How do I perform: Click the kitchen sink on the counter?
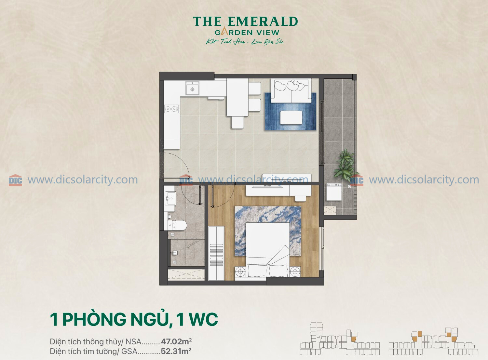click(x=192, y=88)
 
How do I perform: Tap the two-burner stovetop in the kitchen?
click(x=171, y=109)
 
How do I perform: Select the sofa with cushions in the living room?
click(x=291, y=91)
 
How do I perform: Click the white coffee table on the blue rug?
click(x=291, y=118)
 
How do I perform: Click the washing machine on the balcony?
click(x=334, y=192)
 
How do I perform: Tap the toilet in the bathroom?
click(x=177, y=225)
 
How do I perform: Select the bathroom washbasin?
click(x=170, y=198)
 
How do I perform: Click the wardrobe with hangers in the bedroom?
click(x=216, y=253)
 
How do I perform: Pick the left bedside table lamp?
click(x=240, y=272)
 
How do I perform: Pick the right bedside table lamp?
click(x=295, y=272)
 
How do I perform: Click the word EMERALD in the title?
click(x=263, y=21)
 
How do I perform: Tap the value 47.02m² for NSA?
click(x=176, y=341)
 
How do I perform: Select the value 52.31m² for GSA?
click(x=176, y=351)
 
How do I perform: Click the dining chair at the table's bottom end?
click(x=237, y=123)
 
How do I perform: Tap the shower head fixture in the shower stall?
click(x=175, y=253)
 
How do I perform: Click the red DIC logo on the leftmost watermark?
click(x=15, y=180)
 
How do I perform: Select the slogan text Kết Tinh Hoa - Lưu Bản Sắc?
click(x=245, y=42)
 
